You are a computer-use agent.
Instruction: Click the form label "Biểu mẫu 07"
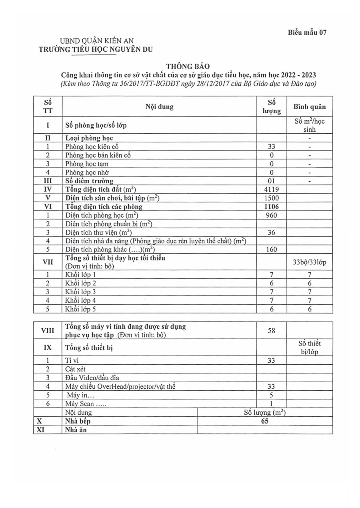coord(307,33)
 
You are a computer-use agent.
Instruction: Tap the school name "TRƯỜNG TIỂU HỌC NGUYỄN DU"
coord(95,49)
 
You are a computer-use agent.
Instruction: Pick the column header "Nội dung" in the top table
coord(159,107)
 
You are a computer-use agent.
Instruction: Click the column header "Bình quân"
coord(309,107)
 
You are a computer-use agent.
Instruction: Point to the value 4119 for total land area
coord(271,189)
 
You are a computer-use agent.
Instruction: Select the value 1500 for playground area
coord(271,198)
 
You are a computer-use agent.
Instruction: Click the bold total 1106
coord(271,207)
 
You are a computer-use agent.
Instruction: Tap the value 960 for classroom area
coord(271,215)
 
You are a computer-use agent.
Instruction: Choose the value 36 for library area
coord(271,233)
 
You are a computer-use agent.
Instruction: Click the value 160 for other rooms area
coord(271,250)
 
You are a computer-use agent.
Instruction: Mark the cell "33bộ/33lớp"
coord(309,263)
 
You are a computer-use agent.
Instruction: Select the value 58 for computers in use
coord(271,331)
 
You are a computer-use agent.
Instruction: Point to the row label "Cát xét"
coord(75,369)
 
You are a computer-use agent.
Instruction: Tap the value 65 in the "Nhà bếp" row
coord(264,421)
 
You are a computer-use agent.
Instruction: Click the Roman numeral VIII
coord(48,331)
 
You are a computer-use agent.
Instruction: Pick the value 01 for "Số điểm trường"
coord(271,181)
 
